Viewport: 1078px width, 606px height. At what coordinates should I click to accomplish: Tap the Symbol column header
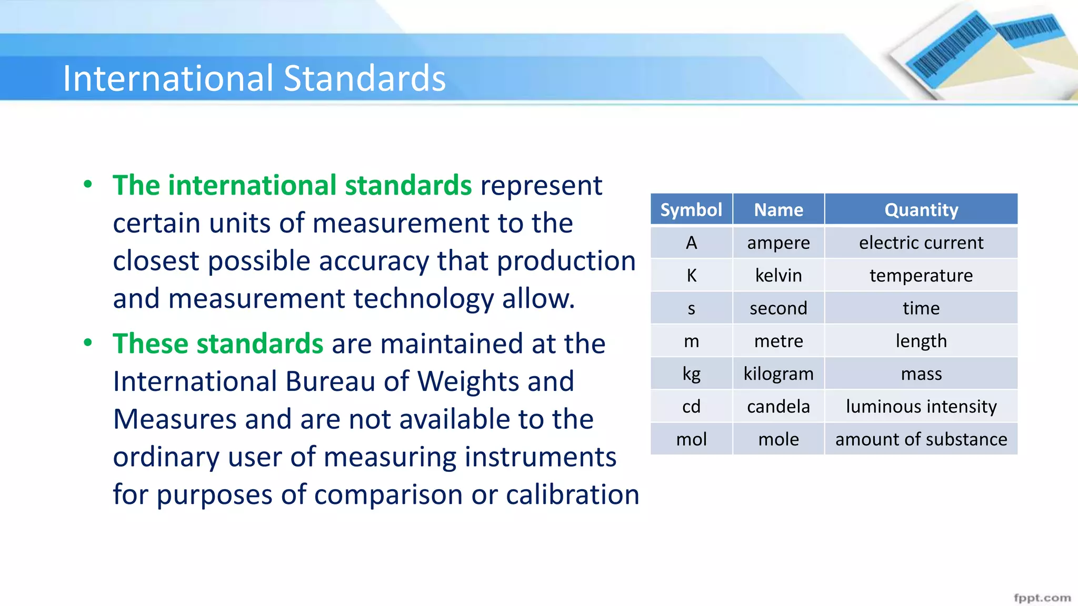[691, 210]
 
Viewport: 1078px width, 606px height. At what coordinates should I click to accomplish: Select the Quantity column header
[921, 210]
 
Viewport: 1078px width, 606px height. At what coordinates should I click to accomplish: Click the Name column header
[778, 210]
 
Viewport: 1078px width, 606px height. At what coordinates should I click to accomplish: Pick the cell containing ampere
[778, 243]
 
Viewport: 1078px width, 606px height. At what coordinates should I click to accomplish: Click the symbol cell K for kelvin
[691, 276]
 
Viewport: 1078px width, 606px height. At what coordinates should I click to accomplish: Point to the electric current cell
[921, 243]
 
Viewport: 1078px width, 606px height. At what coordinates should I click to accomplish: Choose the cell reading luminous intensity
[921, 407]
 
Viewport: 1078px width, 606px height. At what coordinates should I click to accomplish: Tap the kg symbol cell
[691, 374]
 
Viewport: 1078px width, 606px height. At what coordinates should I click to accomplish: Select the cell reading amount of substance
[921, 439]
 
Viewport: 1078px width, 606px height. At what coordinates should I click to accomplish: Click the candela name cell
[778, 407]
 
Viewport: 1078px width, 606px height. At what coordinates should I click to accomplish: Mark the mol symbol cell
[691, 439]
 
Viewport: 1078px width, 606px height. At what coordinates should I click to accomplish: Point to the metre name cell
[778, 341]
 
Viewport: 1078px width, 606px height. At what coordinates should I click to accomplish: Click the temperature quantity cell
[921, 276]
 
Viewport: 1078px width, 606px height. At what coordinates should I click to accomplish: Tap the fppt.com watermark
[1042, 598]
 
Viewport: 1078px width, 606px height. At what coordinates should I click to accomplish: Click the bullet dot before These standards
[88, 343]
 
